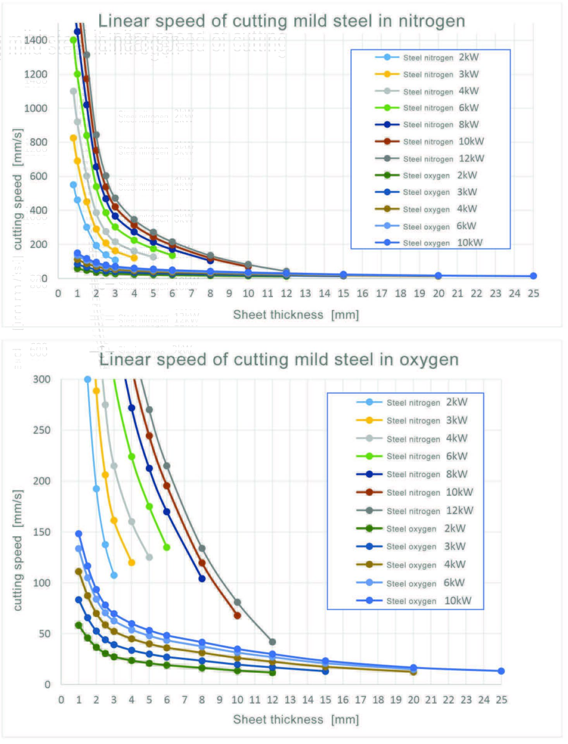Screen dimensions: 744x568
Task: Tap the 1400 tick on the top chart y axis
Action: click(36, 40)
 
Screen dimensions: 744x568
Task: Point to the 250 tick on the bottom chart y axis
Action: click(42, 430)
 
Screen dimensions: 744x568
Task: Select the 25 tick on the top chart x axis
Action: click(533, 293)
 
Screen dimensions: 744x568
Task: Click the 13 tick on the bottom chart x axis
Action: click(290, 700)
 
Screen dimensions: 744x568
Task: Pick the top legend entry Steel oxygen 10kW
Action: click(429, 243)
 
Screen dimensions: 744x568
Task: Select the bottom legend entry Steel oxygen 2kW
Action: click(411, 529)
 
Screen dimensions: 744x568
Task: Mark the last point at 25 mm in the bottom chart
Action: click(501, 671)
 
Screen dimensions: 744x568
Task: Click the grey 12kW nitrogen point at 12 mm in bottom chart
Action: click(272, 642)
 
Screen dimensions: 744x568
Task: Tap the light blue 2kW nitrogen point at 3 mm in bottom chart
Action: click(114, 575)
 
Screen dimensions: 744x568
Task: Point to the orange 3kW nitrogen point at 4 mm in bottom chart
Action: click(132, 562)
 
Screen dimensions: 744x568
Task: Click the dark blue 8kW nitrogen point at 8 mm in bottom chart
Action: click(202, 579)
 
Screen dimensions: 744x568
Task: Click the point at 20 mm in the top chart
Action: click(438, 276)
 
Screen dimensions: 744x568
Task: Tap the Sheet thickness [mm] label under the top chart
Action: click(296, 315)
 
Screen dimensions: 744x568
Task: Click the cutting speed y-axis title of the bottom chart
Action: click(18, 550)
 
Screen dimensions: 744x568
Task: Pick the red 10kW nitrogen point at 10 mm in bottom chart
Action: click(238, 615)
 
